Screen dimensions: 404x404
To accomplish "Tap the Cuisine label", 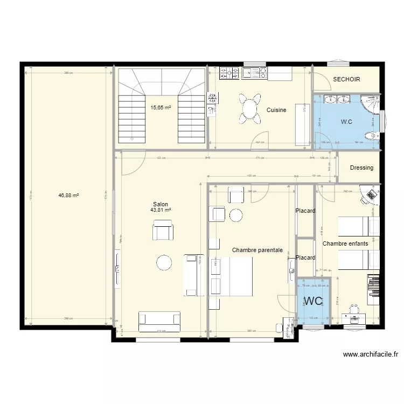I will click(276, 110).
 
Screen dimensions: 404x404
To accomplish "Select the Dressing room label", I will click(361, 168).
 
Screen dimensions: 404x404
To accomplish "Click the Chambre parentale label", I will click(257, 250).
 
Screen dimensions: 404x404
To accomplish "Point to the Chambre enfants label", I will click(345, 243).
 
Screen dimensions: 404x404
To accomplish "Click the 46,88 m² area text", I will click(68, 196).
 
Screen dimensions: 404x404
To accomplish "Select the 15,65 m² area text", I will click(161, 108).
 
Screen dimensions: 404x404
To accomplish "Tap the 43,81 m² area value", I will click(161, 210).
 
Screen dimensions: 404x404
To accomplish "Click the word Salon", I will click(160, 204).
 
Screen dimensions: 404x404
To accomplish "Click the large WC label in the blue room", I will click(314, 300).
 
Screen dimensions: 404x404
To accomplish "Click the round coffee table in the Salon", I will click(164, 262).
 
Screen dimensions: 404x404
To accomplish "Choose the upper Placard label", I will click(305, 211).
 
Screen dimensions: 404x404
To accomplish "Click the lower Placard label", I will click(305, 257).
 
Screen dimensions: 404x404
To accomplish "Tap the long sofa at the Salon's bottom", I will click(159, 321).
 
